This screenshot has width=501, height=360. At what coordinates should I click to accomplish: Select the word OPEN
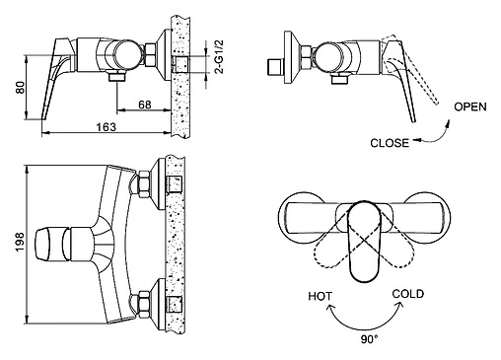pyautogui.click(x=469, y=108)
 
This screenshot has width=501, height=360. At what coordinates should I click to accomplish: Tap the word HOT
pyautogui.click(x=322, y=295)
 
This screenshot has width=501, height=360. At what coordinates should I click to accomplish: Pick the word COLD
pyautogui.click(x=407, y=293)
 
